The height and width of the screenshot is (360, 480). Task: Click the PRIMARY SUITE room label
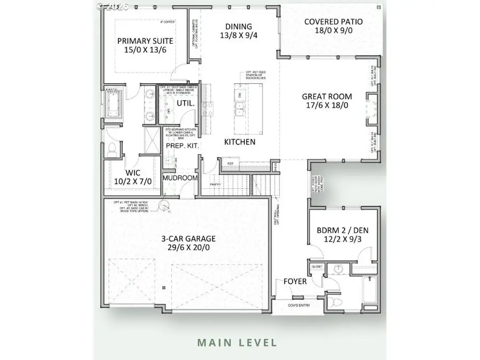[143, 41]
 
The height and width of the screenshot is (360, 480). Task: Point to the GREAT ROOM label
[327, 97]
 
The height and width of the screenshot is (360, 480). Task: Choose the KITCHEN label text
[239, 142]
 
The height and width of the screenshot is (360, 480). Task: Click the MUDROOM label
[180, 178]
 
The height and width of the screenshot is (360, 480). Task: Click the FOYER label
[294, 281]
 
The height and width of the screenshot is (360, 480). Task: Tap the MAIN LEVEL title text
[237, 342]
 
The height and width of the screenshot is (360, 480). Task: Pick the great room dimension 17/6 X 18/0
[327, 106]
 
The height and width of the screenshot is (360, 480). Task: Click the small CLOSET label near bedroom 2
[316, 266]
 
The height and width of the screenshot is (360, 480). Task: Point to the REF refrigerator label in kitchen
[230, 164]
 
